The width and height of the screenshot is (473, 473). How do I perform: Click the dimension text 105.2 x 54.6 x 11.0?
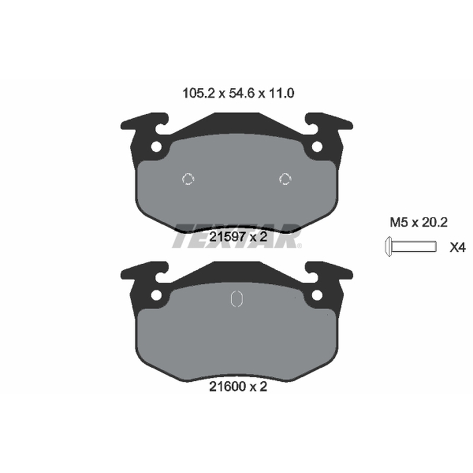[x=238, y=93]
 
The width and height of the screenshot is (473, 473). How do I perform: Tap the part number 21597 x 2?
[x=238, y=237]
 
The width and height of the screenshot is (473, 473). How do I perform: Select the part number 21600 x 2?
[x=238, y=387]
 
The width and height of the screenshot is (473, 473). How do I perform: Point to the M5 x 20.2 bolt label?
[x=419, y=223]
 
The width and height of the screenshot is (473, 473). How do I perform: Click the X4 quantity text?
[x=458, y=248]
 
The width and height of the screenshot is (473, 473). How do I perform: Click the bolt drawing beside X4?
[x=410, y=247]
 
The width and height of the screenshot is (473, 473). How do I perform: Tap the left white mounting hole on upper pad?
[x=157, y=147]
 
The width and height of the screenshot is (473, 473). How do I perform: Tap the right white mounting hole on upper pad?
[x=317, y=147]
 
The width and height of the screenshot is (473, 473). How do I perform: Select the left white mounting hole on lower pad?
[x=157, y=295]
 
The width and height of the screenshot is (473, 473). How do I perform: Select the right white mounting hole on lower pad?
[x=317, y=295]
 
